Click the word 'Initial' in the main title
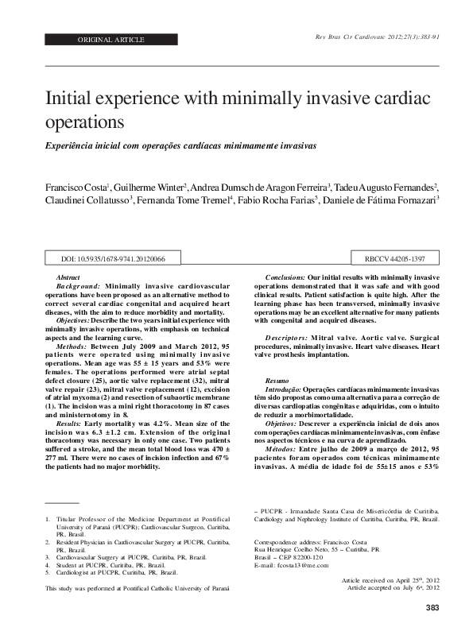click(76, 99)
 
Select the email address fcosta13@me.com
click(296, 566)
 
